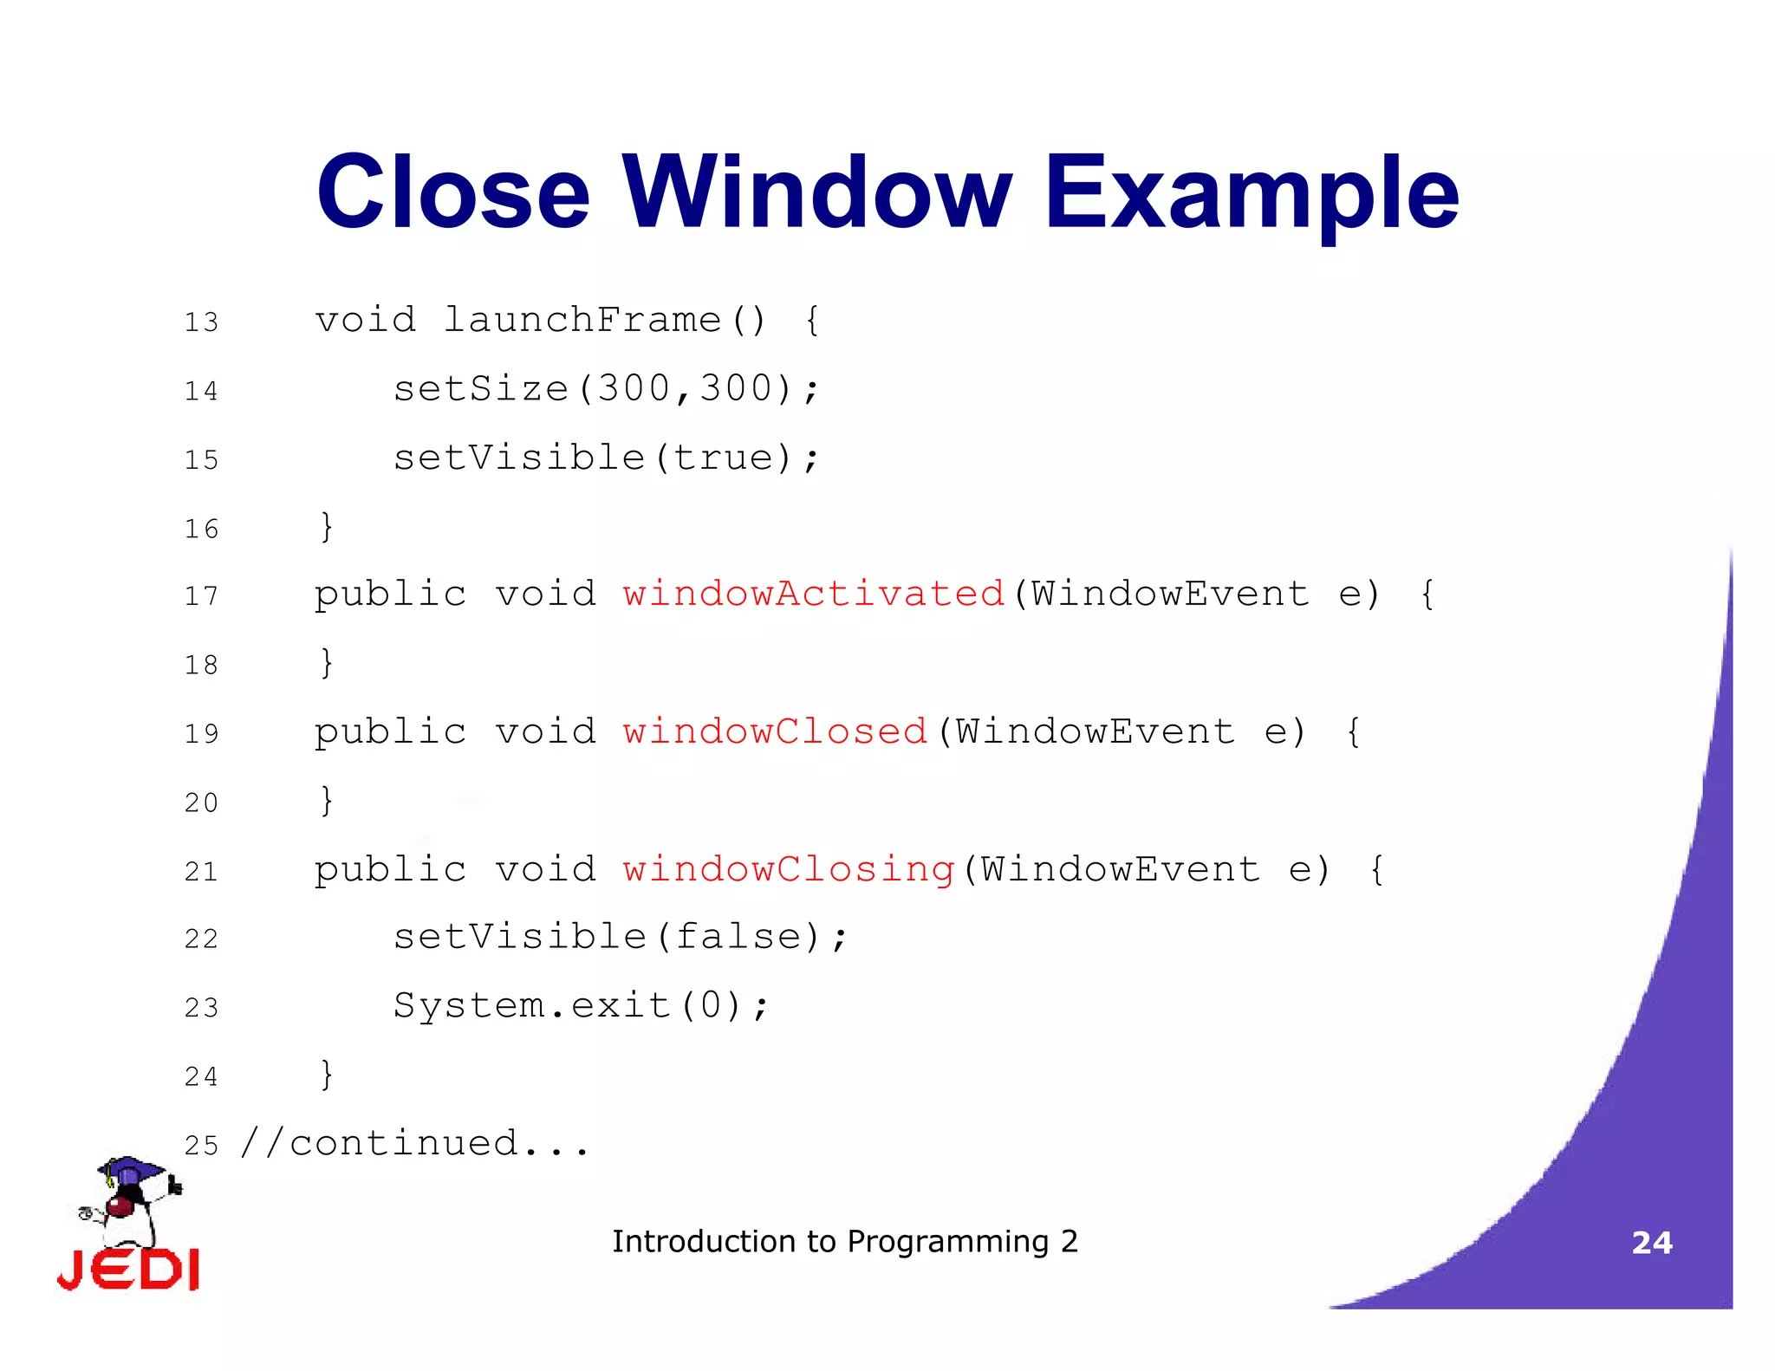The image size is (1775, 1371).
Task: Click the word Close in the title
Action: coord(453,192)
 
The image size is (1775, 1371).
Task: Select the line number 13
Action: coord(201,322)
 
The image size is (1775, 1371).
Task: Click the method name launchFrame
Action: coord(582,321)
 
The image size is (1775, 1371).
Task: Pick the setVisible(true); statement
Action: coord(606,458)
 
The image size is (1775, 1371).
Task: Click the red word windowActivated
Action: coord(813,595)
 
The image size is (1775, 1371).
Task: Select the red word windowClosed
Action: coord(775,732)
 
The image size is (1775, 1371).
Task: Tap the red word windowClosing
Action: coord(788,869)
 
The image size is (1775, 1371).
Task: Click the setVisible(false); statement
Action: coord(620,938)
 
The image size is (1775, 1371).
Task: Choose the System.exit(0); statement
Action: coord(581,1006)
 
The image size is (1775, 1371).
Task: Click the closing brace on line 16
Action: coord(326,527)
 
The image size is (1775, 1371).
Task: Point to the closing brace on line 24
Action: coord(326,1075)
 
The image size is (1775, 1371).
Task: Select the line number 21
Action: coord(201,871)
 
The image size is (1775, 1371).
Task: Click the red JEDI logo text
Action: coord(128,1270)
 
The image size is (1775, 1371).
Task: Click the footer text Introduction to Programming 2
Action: coord(844,1242)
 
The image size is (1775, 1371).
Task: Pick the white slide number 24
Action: coord(1651,1243)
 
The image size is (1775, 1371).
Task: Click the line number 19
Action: coord(201,734)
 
